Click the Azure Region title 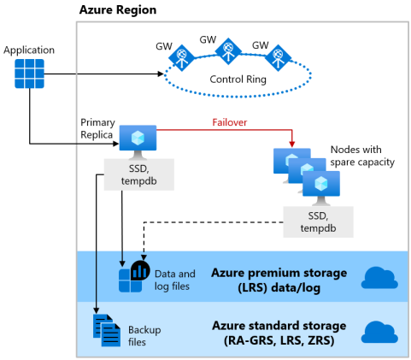coord(117,9)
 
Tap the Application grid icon coord(30,74)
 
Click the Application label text coord(30,50)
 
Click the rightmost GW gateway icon coord(277,59)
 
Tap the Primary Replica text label coord(97,129)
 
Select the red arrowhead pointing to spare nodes coord(292,142)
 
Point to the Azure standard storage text coord(279,332)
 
